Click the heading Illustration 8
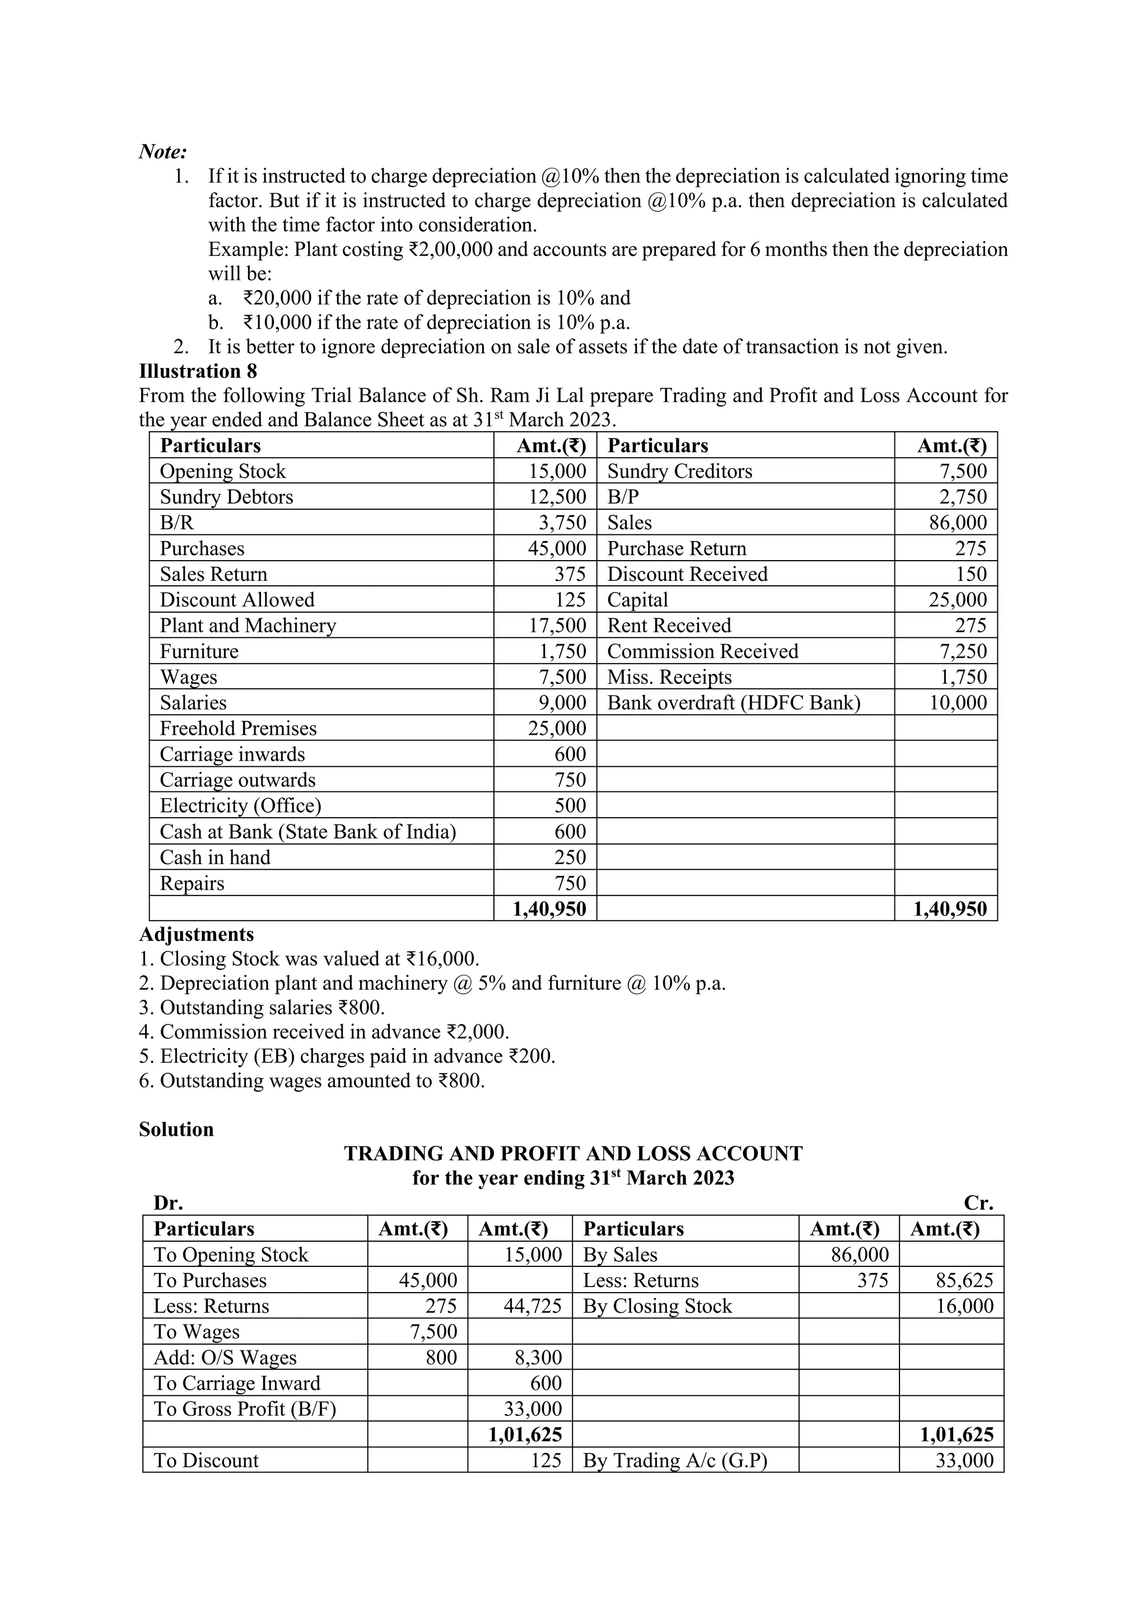tap(198, 371)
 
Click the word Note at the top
tap(162, 151)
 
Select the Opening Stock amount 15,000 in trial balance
tap(557, 471)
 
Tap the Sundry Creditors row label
tap(679, 471)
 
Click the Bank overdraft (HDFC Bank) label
tap(734, 703)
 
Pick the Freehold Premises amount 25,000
tap(557, 728)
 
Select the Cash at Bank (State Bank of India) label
tap(308, 832)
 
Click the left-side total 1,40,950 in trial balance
tap(549, 909)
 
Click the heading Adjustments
tap(197, 935)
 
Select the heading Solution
tap(176, 1130)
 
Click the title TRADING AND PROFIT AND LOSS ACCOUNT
tap(573, 1154)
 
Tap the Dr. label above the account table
tap(168, 1203)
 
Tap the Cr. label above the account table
tap(978, 1203)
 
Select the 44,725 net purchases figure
tap(533, 1306)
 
